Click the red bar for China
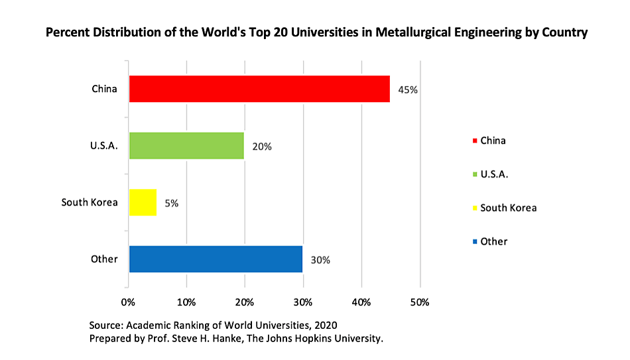(259, 89)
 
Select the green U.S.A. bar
(186, 146)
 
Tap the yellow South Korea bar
(143, 202)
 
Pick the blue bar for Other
(216, 259)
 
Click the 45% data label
(407, 90)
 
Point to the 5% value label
(171, 203)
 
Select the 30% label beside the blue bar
(320, 259)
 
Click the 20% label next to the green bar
(261, 147)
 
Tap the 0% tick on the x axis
(129, 302)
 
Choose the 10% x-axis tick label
(186, 302)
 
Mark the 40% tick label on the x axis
(361, 302)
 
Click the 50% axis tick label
(420, 302)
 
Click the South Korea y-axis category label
(90, 202)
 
